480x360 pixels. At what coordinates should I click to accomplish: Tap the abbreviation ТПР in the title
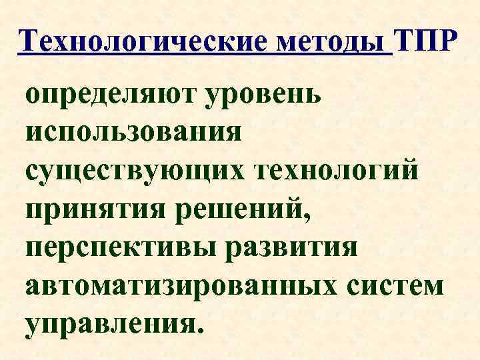click(427, 43)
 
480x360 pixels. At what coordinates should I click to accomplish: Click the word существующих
click(136, 170)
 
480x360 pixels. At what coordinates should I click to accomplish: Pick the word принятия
click(99, 208)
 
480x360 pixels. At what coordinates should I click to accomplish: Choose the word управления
click(109, 322)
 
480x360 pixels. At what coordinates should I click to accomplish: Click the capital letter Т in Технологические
click(31, 43)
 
